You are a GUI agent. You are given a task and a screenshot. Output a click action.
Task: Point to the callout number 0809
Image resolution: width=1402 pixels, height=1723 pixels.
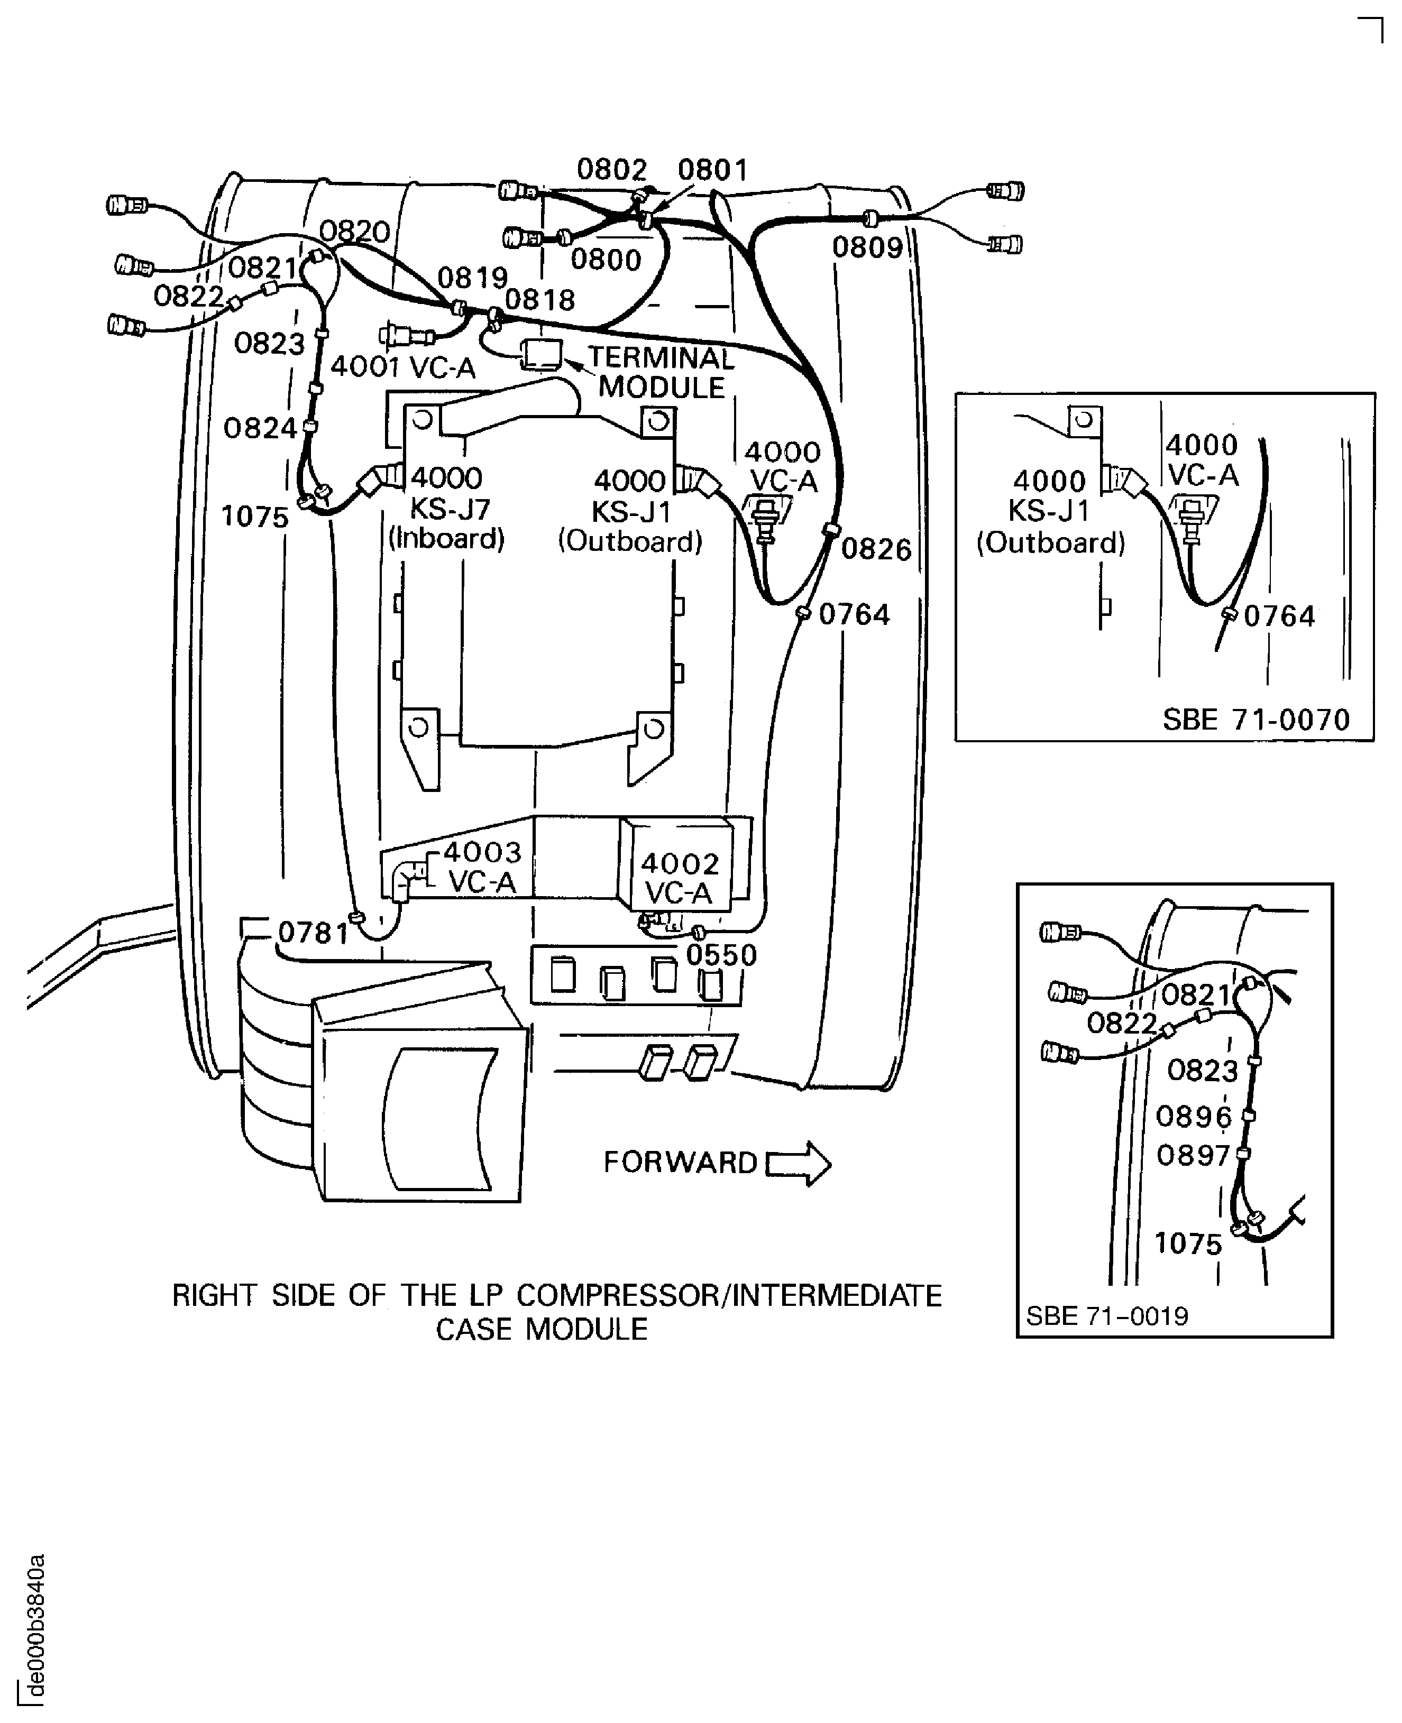pyautogui.click(x=867, y=248)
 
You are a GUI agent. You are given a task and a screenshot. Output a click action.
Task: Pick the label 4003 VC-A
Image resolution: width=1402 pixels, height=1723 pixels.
pyautogui.click(x=482, y=867)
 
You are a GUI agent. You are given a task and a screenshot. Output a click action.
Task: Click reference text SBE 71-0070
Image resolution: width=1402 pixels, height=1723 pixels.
pyautogui.click(x=1256, y=720)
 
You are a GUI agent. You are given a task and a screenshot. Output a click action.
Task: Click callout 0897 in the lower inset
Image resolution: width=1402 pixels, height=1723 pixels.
pyautogui.click(x=1193, y=1156)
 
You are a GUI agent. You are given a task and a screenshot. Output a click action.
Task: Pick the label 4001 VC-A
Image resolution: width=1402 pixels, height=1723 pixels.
pyautogui.click(x=403, y=368)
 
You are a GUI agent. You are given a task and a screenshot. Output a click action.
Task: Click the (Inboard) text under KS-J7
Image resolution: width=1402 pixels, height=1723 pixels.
pyautogui.click(x=446, y=539)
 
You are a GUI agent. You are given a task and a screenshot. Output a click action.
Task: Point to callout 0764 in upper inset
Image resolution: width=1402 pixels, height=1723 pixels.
pyautogui.click(x=1279, y=617)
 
